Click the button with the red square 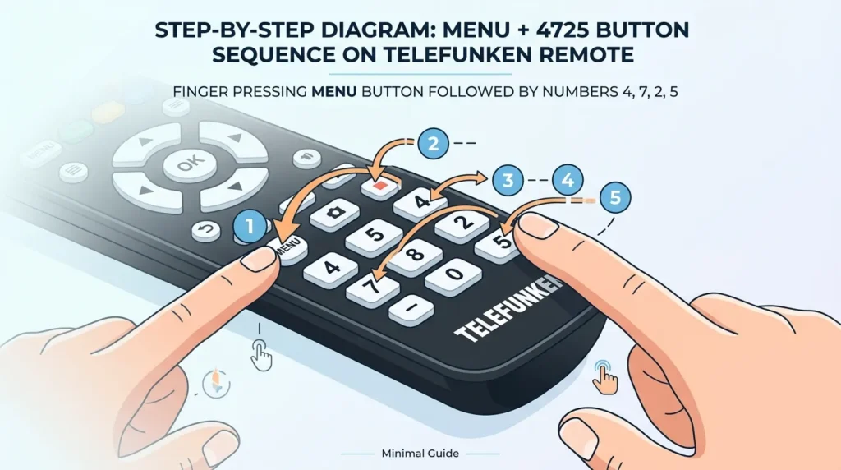[x=379, y=186]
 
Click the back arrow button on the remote [x=205, y=231]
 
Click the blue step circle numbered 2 [x=434, y=145]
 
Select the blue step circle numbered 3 [x=508, y=180]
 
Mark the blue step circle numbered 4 [x=566, y=180]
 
